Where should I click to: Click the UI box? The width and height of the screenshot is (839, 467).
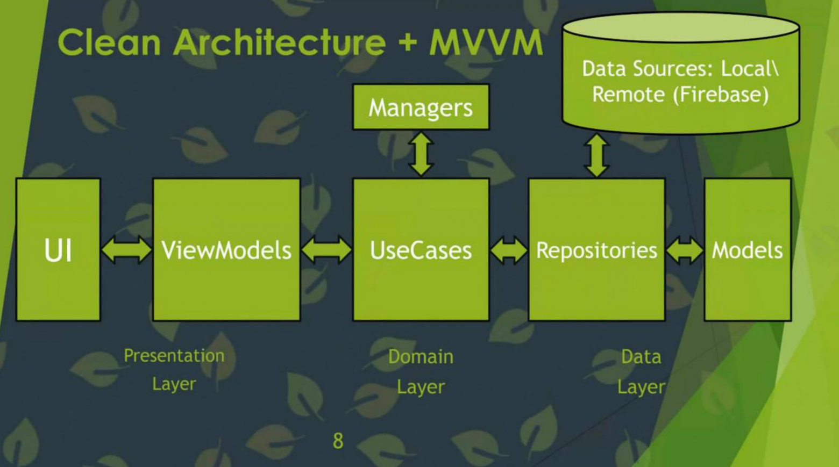click(x=58, y=250)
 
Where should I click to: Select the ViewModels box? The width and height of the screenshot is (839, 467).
click(x=226, y=250)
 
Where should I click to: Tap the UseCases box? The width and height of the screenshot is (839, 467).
click(x=421, y=250)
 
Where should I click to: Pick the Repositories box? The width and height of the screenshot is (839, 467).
click(x=596, y=250)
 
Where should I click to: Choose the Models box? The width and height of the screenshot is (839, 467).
click(x=747, y=250)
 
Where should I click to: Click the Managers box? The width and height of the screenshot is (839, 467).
click(x=421, y=107)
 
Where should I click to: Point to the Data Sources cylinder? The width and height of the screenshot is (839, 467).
click(x=680, y=75)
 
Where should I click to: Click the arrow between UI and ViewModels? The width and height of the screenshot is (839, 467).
click(x=126, y=250)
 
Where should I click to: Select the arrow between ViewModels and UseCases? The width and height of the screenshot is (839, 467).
click(x=326, y=250)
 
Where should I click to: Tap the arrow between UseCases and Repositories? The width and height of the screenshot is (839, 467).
click(x=509, y=250)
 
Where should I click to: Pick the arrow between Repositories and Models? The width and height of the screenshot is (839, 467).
click(x=685, y=250)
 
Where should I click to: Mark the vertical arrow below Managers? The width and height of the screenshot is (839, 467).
click(x=421, y=154)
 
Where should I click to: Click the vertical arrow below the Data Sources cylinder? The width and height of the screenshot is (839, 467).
click(x=596, y=155)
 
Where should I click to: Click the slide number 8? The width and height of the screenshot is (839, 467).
click(x=338, y=441)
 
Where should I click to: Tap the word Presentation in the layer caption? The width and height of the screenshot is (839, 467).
click(x=174, y=356)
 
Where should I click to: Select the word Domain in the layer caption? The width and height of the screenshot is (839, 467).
click(x=421, y=357)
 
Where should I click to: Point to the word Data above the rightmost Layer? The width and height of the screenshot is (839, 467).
click(x=641, y=357)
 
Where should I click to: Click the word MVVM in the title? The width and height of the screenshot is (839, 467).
click(x=486, y=42)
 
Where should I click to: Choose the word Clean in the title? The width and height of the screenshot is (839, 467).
click(x=109, y=42)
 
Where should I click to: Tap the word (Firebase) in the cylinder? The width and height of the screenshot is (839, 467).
click(x=721, y=95)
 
